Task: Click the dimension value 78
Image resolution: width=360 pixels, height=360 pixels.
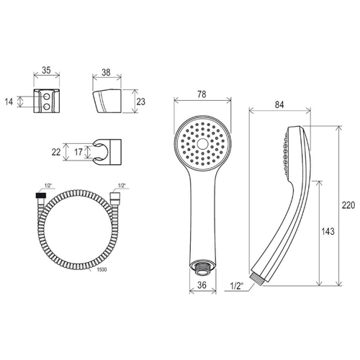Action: tap(202, 94)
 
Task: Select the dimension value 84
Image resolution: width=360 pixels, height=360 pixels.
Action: tap(279, 104)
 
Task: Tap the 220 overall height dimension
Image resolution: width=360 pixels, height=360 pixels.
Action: tap(348, 205)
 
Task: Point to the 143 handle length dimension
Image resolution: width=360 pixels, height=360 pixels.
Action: tap(328, 231)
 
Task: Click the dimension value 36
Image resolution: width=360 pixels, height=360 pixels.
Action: tap(202, 285)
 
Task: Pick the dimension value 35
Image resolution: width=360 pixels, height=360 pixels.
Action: tap(46, 70)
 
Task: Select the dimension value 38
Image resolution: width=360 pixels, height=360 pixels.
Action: tap(106, 72)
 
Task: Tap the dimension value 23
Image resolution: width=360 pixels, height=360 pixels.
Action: tap(141, 102)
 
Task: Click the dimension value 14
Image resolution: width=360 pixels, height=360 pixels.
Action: tap(9, 102)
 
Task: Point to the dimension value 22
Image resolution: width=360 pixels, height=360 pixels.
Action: tap(56, 152)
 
